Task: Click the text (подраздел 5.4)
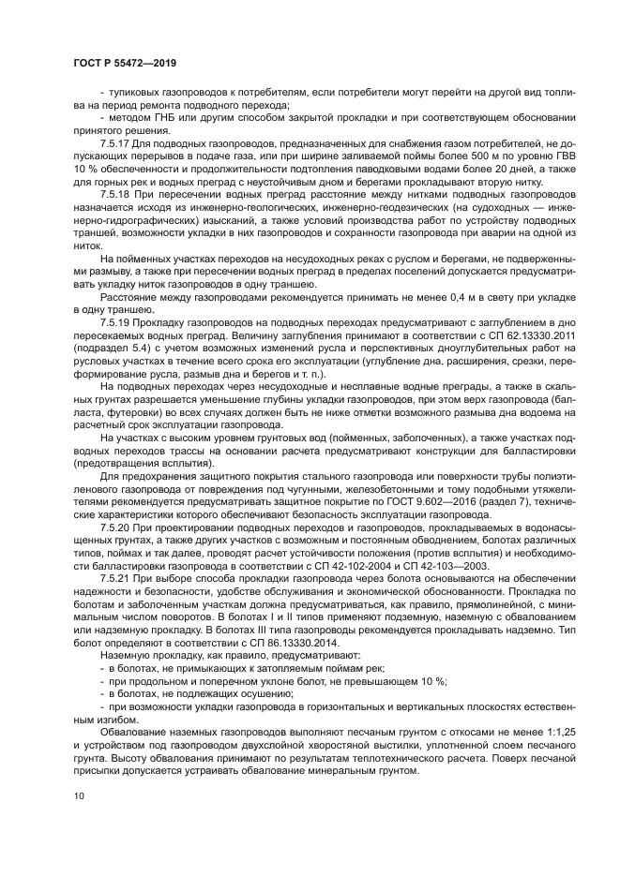coord(110,346)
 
